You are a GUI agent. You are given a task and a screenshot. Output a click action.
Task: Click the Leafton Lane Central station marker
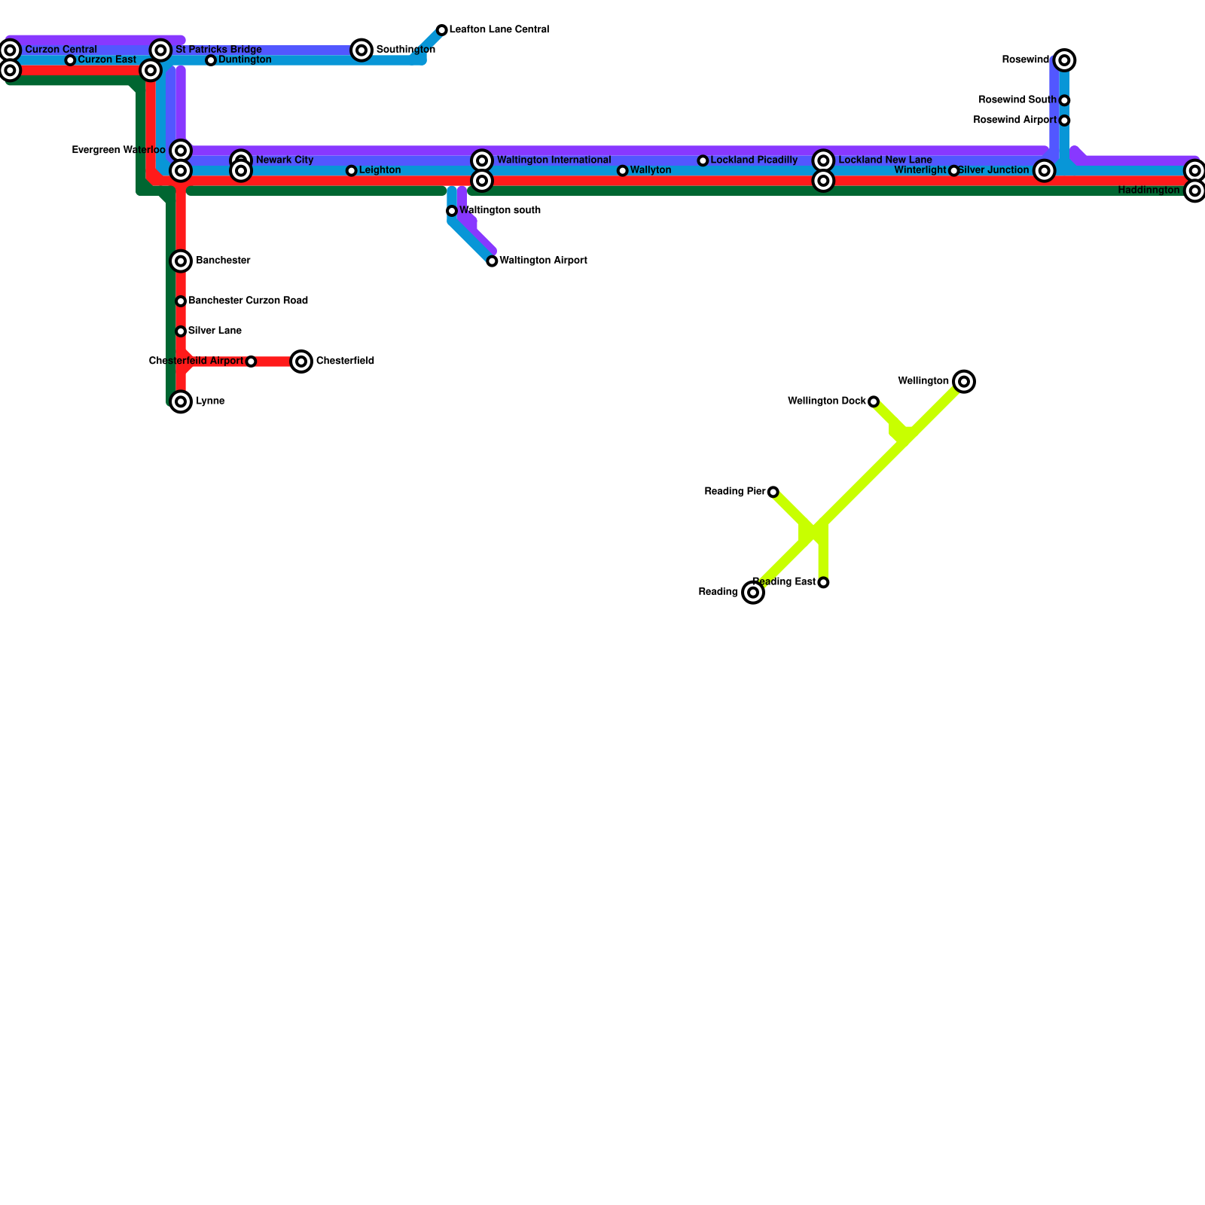[442, 30]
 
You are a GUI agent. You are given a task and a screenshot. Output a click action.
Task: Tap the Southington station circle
[361, 50]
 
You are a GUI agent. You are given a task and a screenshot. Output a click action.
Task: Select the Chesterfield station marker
[301, 361]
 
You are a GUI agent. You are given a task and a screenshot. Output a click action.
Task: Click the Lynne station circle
[181, 402]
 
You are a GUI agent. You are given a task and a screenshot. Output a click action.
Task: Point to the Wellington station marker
[964, 382]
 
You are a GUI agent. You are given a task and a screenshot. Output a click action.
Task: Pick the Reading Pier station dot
[773, 493]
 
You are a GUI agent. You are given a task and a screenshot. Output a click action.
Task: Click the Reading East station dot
[823, 583]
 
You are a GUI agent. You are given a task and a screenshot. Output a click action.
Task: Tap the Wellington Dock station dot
[874, 402]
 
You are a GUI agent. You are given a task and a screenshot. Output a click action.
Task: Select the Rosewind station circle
[1064, 60]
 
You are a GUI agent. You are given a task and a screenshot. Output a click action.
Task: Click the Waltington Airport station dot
[492, 261]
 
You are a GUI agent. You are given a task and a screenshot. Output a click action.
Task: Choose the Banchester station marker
[181, 261]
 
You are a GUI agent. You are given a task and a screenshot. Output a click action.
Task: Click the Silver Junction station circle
[1044, 171]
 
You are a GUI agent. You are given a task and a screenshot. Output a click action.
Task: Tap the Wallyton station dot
[622, 171]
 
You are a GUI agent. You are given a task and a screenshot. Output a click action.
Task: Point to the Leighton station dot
[351, 171]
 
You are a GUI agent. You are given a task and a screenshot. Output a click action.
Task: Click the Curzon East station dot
[70, 60]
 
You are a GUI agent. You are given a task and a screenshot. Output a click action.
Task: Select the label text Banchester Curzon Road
[248, 301]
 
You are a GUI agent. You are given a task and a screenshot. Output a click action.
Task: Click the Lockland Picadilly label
[754, 160]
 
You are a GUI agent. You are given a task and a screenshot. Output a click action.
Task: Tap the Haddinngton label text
[1149, 191]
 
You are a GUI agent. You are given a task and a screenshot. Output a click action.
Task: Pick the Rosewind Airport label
[1014, 120]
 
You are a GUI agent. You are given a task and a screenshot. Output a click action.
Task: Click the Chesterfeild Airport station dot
[251, 362]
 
